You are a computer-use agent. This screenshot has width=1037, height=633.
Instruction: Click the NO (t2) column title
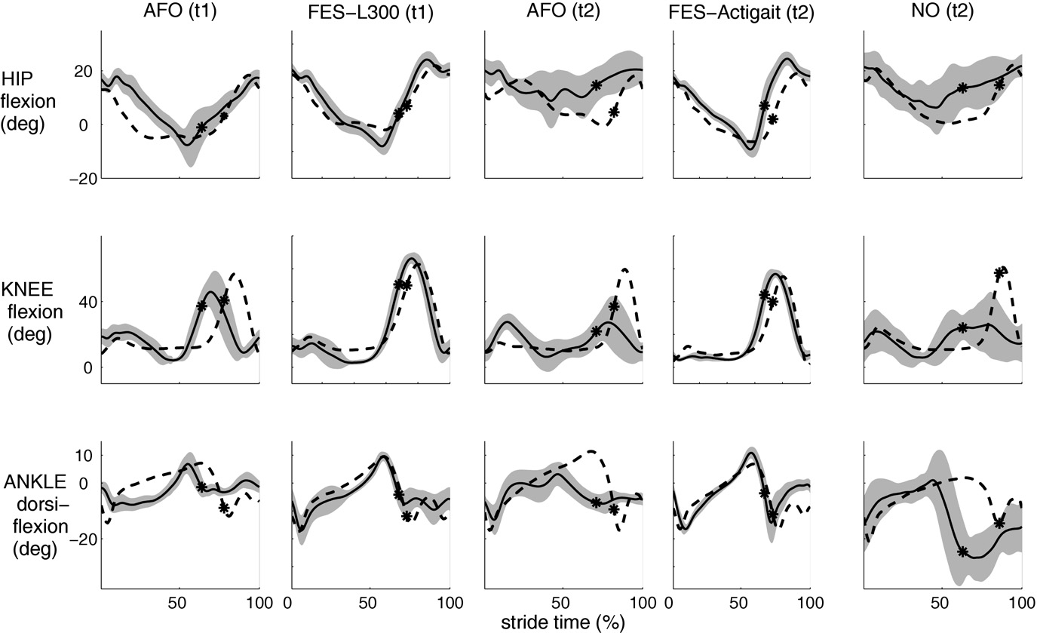[x=943, y=13]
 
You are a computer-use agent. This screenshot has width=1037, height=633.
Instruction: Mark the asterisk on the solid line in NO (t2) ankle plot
[x=962, y=552]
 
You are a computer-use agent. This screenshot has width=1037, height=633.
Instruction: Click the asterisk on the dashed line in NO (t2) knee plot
[x=1000, y=273]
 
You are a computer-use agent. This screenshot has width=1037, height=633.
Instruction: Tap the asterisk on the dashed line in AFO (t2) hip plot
[x=614, y=112]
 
